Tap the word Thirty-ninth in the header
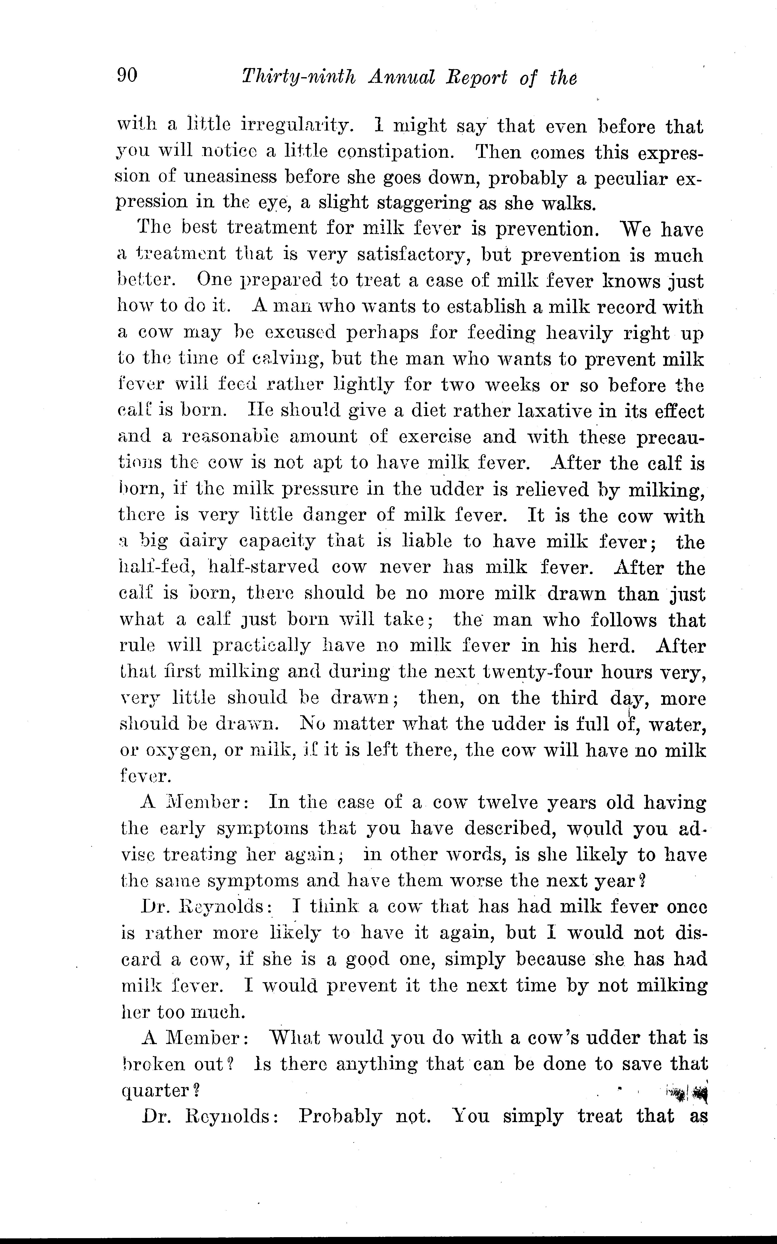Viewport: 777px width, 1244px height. pos(298,78)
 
